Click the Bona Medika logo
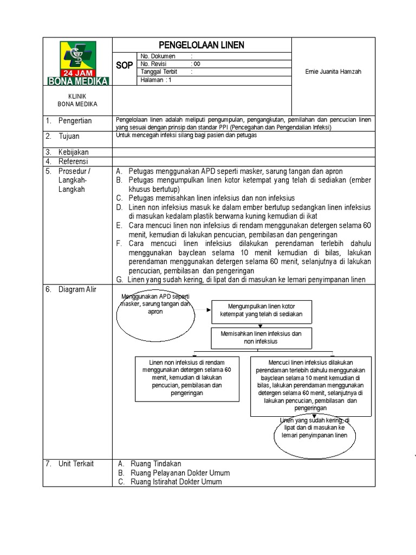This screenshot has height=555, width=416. click(x=79, y=62)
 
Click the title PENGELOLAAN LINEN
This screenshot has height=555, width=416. click(x=201, y=45)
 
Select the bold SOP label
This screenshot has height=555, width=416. click(x=124, y=66)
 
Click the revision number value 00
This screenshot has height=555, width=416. click(x=196, y=64)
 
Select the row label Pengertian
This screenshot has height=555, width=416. click(x=75, y=121)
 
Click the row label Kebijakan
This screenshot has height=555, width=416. click(x=74, y=152)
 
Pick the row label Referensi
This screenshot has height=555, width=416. click(x=74, y=161)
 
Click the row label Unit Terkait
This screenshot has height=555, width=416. click(x=76, y=463)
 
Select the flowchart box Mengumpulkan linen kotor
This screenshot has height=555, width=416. click(x=261, y=311)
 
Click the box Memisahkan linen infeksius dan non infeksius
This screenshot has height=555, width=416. click(x=261, y=338)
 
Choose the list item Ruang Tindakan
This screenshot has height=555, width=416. click(x=155, y=463)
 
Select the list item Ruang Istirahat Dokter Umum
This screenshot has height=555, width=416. click(x=176, y=482)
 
